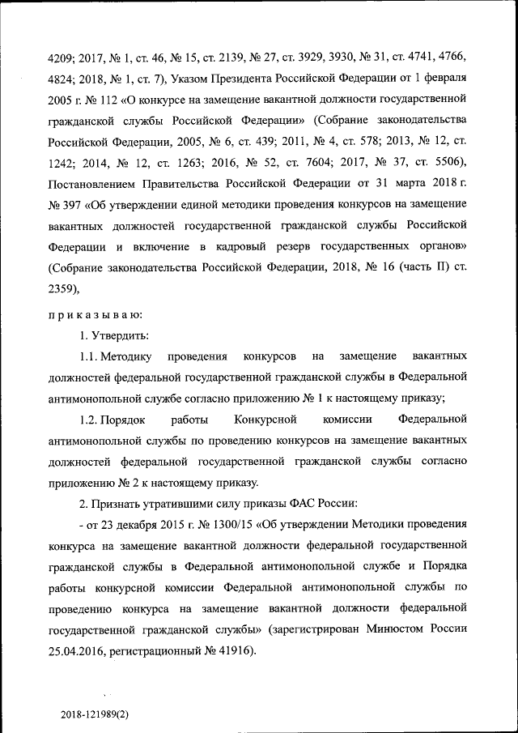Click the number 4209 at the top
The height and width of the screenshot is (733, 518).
(64, 58)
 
